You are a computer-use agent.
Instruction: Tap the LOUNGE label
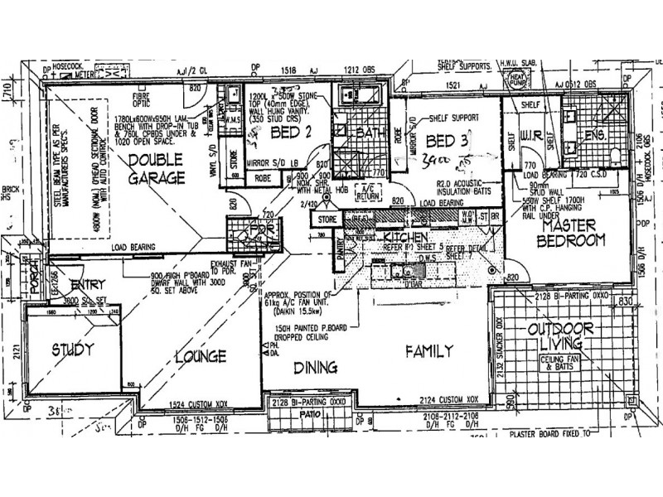(x=201, y=357)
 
